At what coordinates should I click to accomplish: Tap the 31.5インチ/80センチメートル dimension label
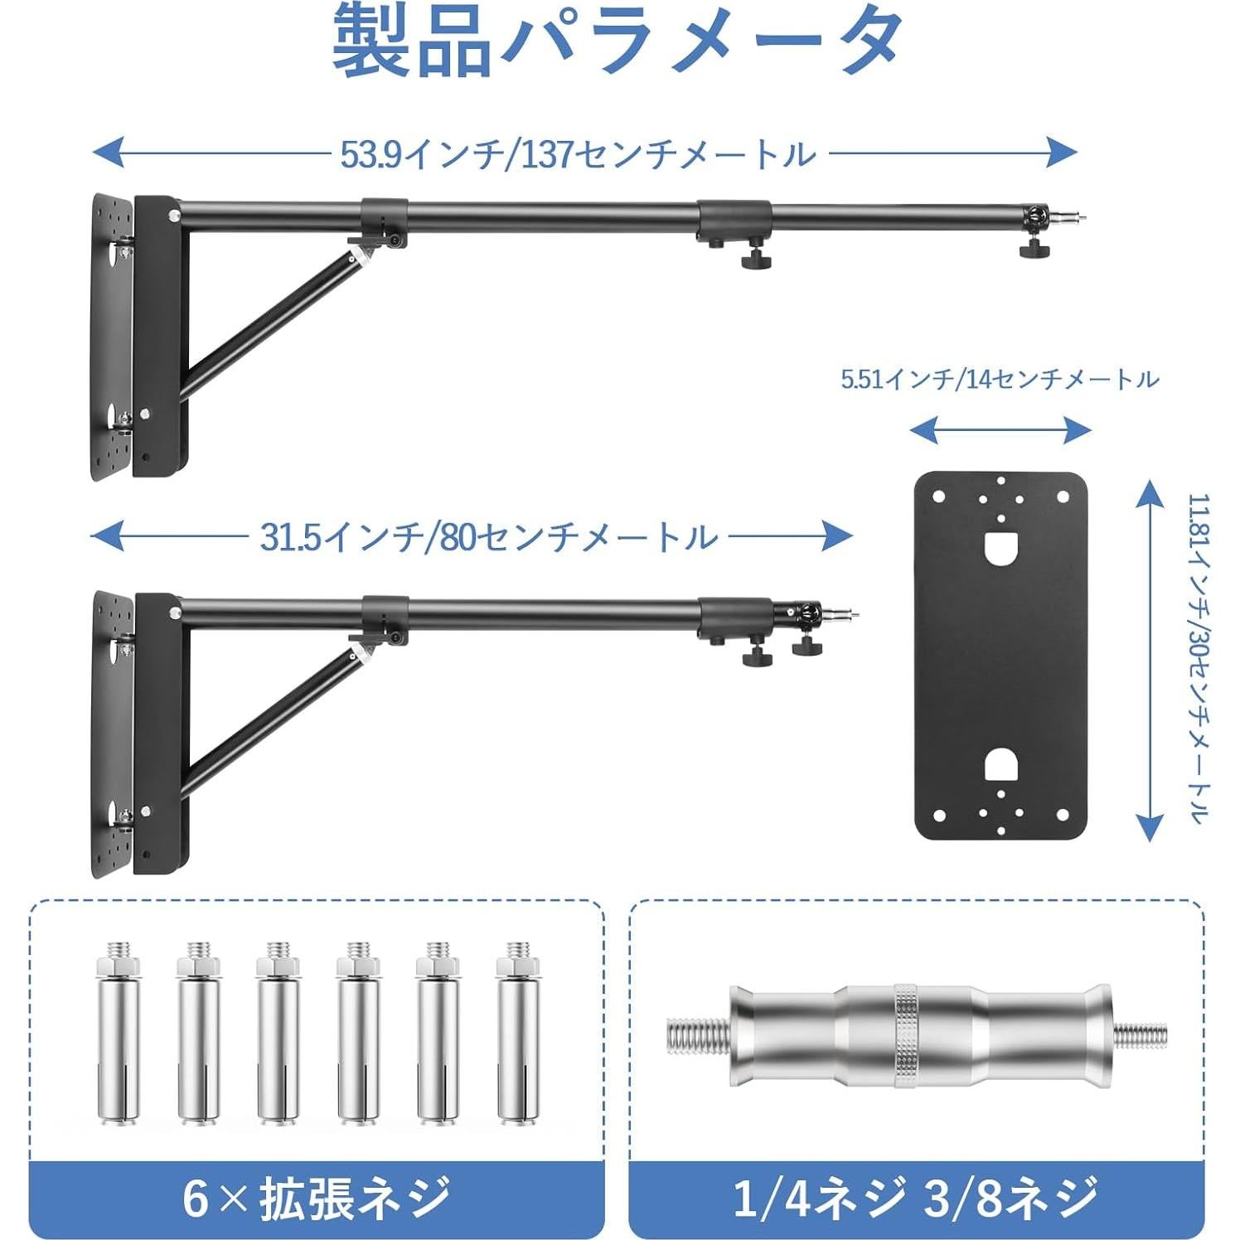pos(488,537)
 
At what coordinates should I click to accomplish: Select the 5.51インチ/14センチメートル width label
pos(1000,380)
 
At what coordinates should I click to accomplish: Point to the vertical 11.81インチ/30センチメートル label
pos(1199,659)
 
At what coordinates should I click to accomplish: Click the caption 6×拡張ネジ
pos(316,1198)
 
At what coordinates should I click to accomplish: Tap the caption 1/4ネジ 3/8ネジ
pos(915,1198)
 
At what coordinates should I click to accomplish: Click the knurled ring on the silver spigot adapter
pos(908,1036)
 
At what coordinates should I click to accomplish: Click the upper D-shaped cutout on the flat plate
pos(1000,547)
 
